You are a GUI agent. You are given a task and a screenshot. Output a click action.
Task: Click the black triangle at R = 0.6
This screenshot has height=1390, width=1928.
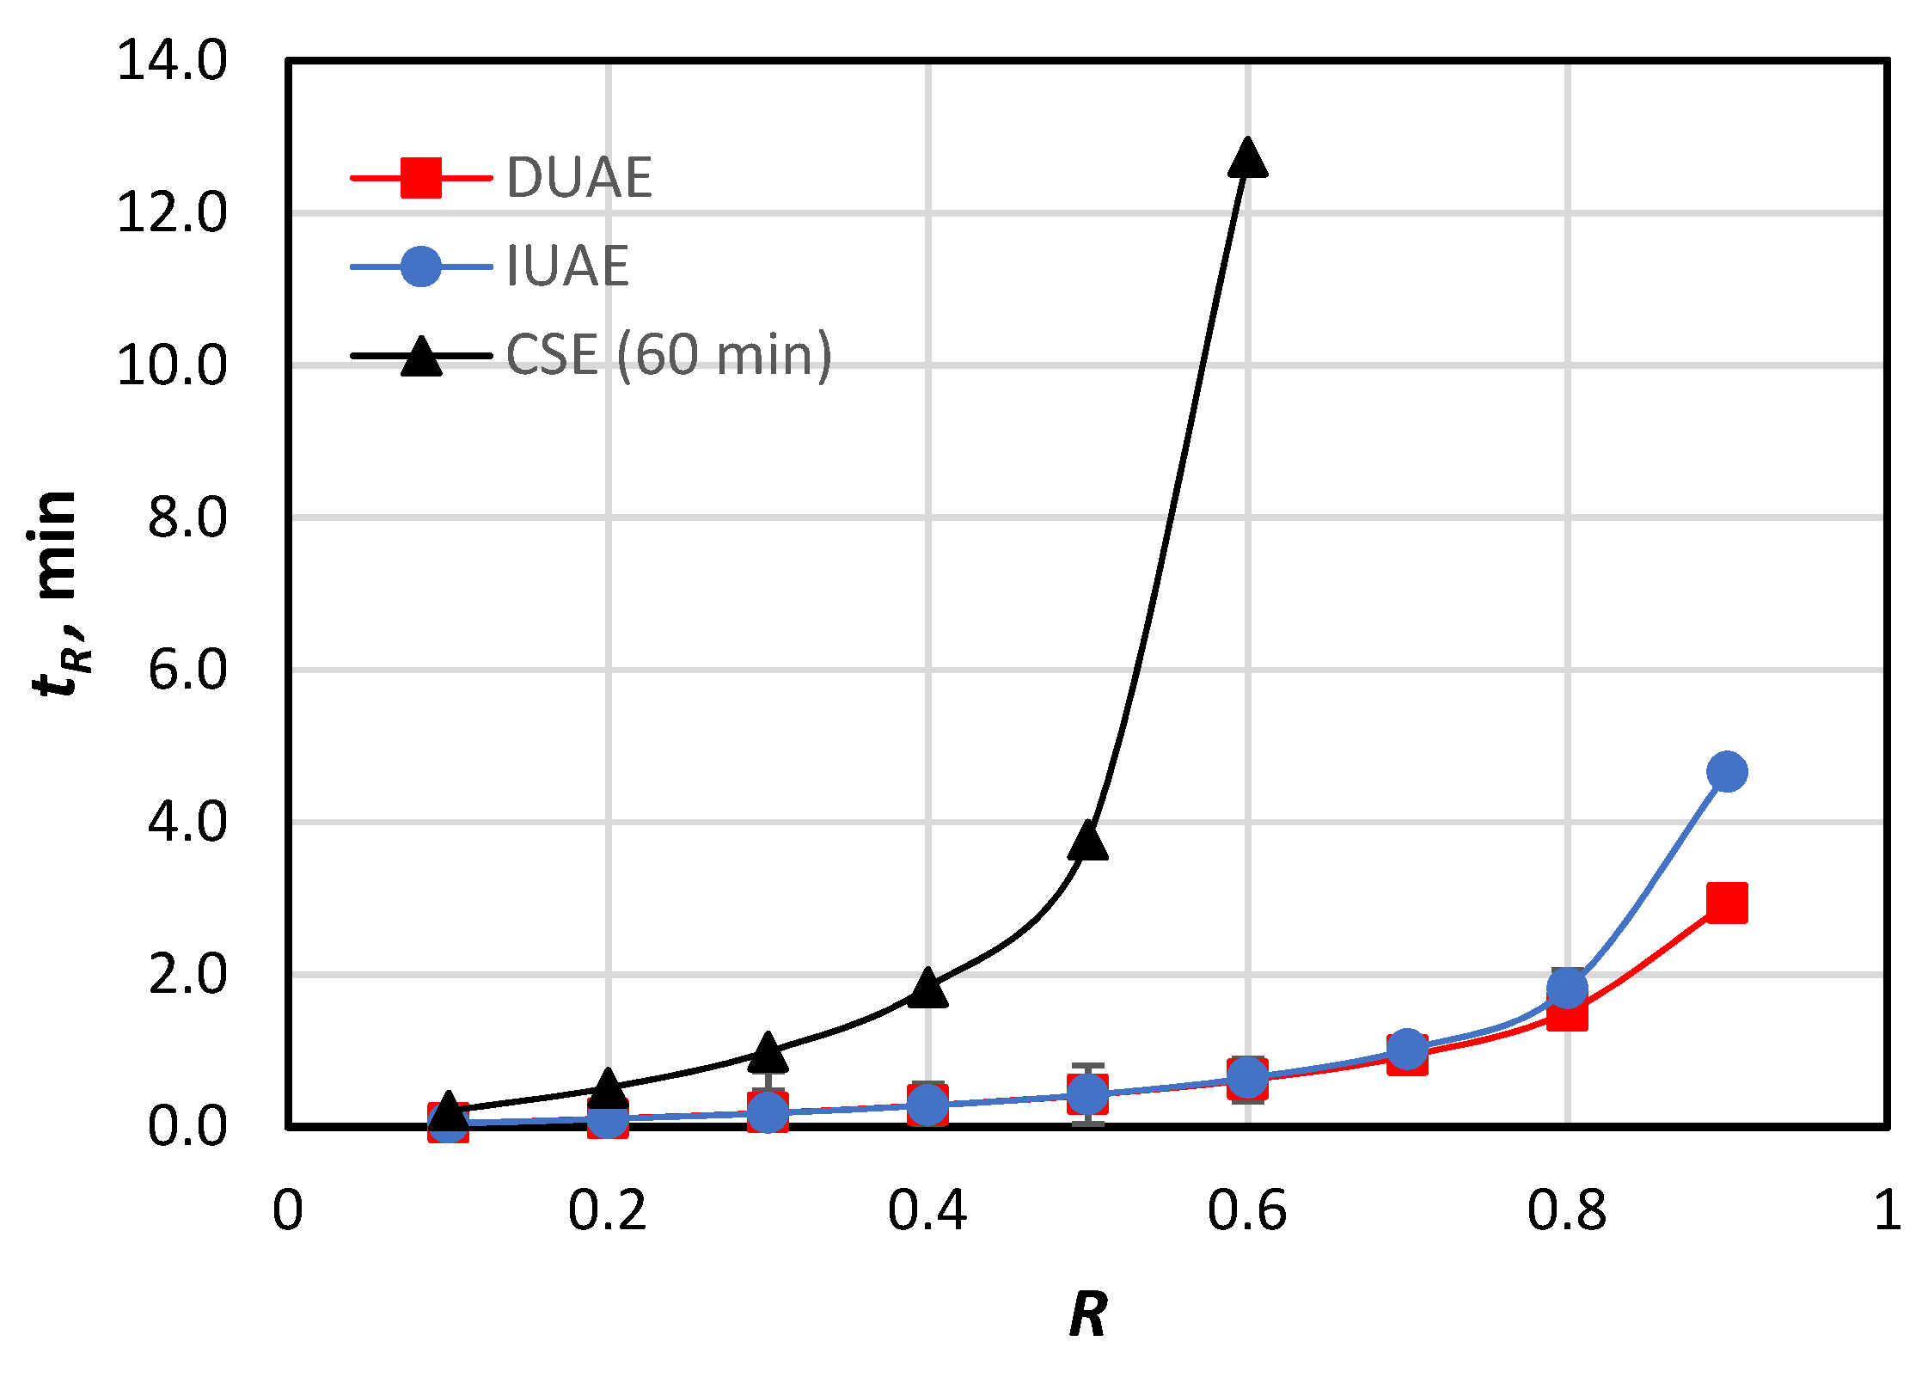(1247, 160)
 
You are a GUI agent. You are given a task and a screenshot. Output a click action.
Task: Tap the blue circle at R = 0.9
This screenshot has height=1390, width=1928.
(1727, 771)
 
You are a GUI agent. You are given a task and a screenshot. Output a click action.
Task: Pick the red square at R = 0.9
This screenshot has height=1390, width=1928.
(1727, 903)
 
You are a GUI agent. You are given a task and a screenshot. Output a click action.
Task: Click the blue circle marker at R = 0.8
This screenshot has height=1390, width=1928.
(1567, 987)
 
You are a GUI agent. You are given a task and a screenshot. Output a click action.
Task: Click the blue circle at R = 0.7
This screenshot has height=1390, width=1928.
(1407, 1049)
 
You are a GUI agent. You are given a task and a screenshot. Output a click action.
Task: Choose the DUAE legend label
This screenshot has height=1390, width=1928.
(579, 179)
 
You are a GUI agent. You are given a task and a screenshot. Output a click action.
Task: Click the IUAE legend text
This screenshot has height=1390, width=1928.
(567, 266)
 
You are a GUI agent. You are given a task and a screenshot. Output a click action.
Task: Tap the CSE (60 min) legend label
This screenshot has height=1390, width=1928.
(669, 355)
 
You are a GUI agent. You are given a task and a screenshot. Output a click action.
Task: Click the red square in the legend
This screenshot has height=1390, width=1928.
(421, 178)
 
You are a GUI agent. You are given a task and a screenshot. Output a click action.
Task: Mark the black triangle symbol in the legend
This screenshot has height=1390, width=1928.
(421, 357)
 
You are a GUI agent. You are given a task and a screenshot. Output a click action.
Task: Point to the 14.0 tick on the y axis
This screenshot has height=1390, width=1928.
(172, 61)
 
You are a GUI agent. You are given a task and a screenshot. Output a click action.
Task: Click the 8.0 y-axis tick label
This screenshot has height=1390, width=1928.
(187, 518)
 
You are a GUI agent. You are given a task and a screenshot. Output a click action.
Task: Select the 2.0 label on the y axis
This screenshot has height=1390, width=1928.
(187, 975)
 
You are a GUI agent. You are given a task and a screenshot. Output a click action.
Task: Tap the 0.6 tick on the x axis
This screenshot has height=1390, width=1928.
(1246, 1211)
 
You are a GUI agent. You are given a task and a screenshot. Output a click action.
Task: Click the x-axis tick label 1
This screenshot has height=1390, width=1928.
(1887, 1211)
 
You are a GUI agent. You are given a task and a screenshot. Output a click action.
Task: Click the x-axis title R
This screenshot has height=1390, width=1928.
(1088, 1314)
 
